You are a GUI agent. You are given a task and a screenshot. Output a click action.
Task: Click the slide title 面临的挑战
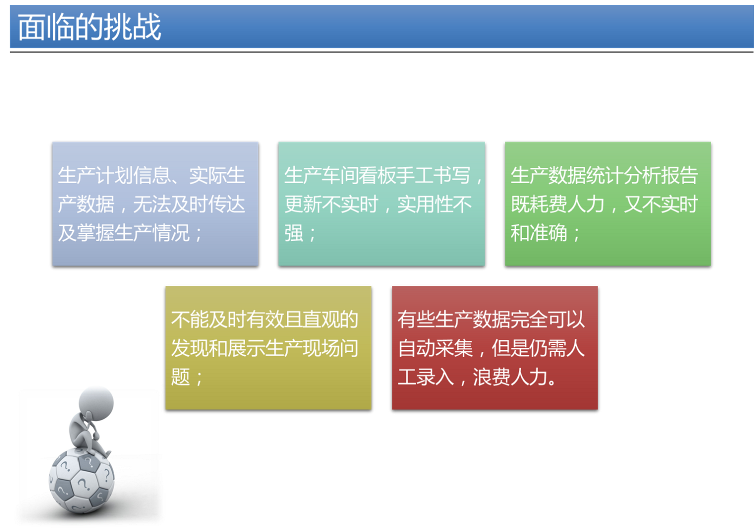tap(89, 27)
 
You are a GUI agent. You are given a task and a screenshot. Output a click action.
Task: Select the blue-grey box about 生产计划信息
tap(155, 204)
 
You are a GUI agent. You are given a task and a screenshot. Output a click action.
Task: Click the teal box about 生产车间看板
tap(381, 204)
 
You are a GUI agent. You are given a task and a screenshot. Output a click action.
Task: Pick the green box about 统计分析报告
tap(608, 204)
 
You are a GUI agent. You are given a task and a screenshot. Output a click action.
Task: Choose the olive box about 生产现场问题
tap(268, 348)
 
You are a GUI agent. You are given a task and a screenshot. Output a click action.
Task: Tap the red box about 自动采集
tap(495, 348)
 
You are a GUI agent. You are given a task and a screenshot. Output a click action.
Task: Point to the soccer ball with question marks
tap(82, 480)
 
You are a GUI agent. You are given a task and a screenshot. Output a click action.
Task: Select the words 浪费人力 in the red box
tap(510, 377)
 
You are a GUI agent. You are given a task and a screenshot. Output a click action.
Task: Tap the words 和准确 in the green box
tap(539, 233)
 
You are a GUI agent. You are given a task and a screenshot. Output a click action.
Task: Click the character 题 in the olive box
tap(180, 377)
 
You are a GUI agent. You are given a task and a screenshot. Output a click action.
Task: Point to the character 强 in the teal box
tap(293, 233)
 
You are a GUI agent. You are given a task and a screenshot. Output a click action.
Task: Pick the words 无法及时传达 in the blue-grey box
tap(189, 204)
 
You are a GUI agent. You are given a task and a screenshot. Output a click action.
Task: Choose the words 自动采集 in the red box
tap(435, 348)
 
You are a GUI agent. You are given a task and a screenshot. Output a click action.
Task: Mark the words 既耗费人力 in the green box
tap(557, 204)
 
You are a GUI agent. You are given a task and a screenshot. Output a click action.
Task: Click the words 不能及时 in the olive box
tap(208, 320)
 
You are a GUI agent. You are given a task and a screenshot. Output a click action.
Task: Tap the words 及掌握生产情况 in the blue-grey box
tap(124, 233)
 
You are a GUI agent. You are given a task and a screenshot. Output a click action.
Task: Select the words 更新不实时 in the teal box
tap(331, 204)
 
